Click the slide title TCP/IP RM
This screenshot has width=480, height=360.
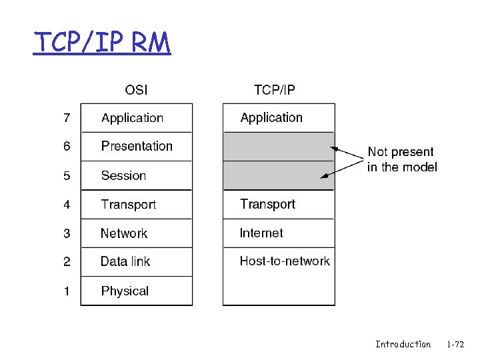[103, 43]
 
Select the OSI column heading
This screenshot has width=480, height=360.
[137, 89]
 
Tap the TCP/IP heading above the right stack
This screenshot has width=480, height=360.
[275, 89]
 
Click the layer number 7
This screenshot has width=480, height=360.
[67, 118]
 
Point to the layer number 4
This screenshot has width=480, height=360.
[67, 205]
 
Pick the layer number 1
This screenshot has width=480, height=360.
[67, 291]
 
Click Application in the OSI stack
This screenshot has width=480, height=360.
[132, 118]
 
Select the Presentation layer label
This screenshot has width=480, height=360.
[137, 146]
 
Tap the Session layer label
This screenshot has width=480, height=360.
[123, 175]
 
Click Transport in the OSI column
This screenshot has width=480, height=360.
[129, 205]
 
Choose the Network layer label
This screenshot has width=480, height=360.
[124, 233]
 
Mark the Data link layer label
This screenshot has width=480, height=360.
[125, 262]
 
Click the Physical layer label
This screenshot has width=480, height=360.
[125, 291]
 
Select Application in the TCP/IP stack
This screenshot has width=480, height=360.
[271, 118]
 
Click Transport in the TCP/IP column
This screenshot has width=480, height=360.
[267, 204]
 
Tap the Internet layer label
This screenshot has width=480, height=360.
[261, 233]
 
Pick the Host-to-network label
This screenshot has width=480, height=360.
[285, 261]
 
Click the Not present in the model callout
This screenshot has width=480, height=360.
[401, 159]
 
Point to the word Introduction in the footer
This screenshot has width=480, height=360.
[403, 344]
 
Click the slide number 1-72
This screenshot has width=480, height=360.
[456, 344]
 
